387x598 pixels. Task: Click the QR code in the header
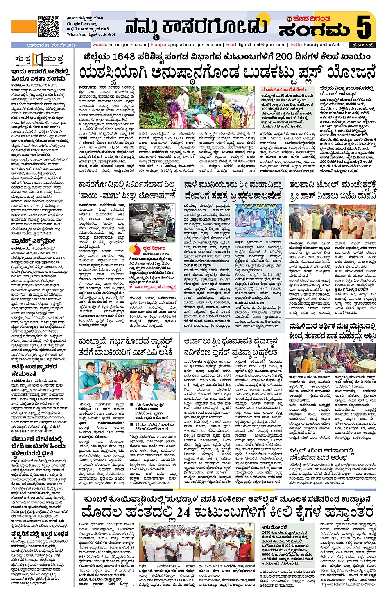coord(49,26)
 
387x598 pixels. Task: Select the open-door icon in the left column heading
coord(37,60)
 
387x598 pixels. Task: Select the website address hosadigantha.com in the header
coord(119,45)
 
